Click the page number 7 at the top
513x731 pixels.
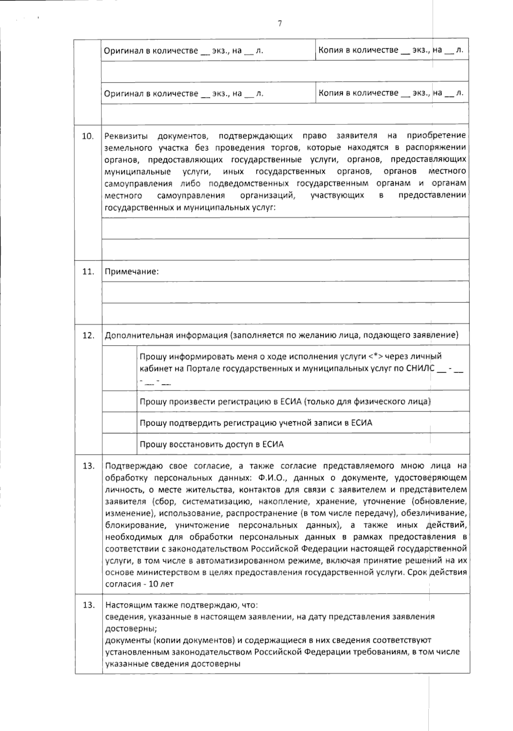click(x=280, y=24)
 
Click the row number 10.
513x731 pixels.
click(x=88, y=136)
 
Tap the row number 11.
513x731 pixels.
click(x=88, y=272)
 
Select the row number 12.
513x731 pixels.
click(x=88, y=335)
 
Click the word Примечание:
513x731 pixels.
click(x=132, y=272)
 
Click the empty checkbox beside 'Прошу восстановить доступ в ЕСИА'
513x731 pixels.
click(x=119, y=444)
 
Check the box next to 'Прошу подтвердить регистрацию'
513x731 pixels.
click(x=119, y=423)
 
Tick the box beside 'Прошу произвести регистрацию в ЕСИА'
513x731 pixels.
click(x=119, y=401)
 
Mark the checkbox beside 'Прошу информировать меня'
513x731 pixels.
click(x=119, y=368)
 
